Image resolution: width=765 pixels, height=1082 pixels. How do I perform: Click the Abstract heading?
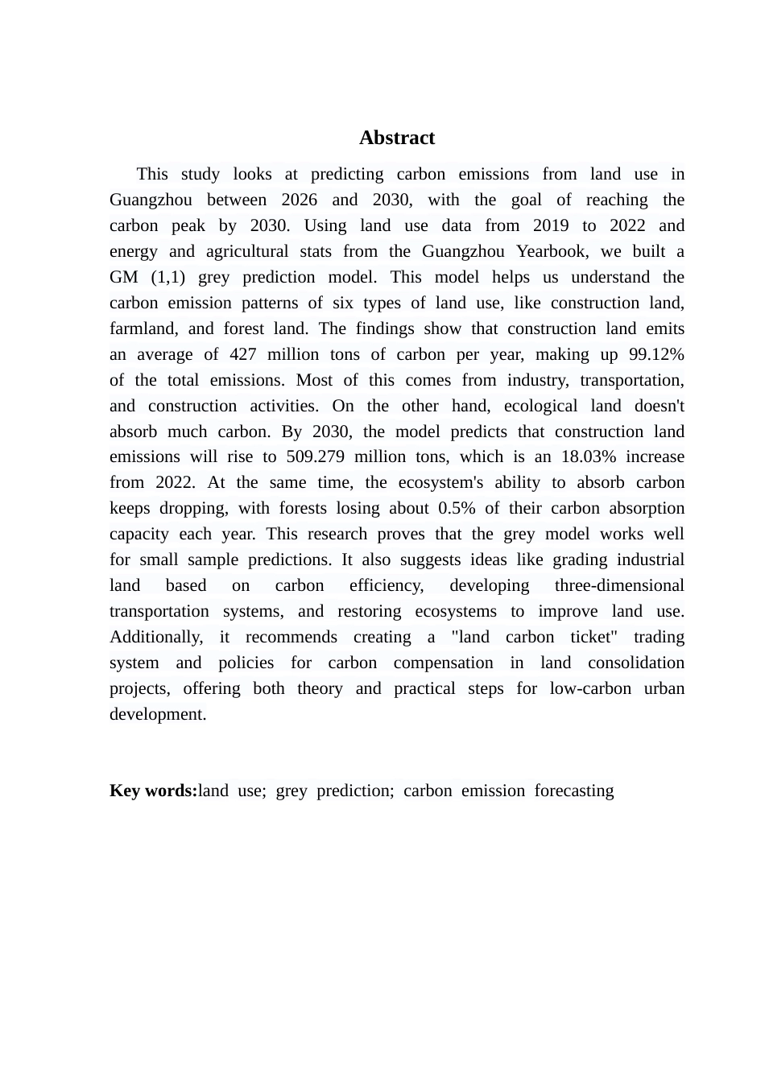[x=397, y=138]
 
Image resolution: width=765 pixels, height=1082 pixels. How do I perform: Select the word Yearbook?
[x=552, y=251]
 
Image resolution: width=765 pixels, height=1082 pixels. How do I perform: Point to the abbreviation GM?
[x=124, y=277]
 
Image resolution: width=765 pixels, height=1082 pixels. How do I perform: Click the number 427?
[x=243, y=354]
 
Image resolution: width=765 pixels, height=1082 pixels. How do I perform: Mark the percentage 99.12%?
[x=657, y=354]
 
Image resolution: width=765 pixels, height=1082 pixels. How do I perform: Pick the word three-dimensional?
[x=619, y=585]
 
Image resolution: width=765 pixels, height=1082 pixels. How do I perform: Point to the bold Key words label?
[x=153, y=791]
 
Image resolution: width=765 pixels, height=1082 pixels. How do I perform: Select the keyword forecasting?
[x=574, y=791]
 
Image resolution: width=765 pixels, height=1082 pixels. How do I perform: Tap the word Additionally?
[x=156, y=637]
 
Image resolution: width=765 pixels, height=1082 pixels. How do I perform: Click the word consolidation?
[x=636, y=663]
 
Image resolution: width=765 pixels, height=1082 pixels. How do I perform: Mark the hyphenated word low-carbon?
[x=590, y=688]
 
